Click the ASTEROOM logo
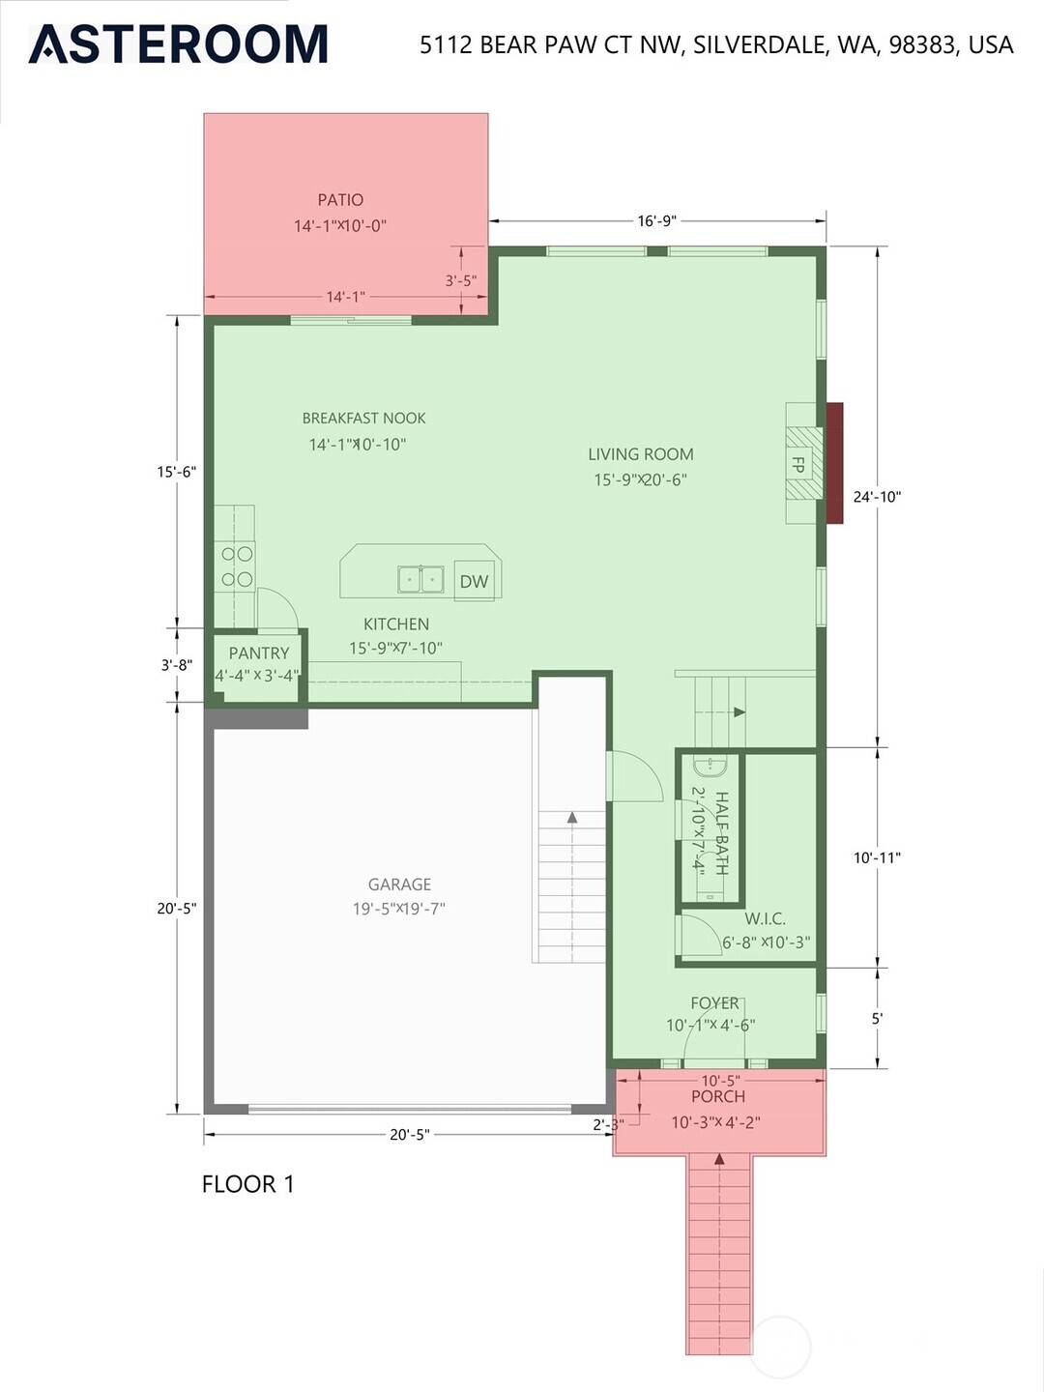click(178, 43)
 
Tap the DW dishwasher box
click(474, 581)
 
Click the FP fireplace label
click(798, 464)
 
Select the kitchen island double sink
click(420, 578)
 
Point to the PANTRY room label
click(259, 652)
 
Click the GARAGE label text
click(399, 884)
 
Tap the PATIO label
click(340, 200)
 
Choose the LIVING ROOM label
click(641, 454)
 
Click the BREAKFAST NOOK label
click(363, 418)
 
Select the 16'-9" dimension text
click(657, 220)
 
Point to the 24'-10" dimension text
click(878, 497)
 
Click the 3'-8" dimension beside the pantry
click(177, 665)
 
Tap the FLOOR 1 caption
click(248, 1184)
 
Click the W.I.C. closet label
click(765, 917)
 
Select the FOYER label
click(715, 1002)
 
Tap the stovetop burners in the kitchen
click(237, 566)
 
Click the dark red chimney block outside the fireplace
click(835, 463)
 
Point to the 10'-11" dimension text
click(878, 858)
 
